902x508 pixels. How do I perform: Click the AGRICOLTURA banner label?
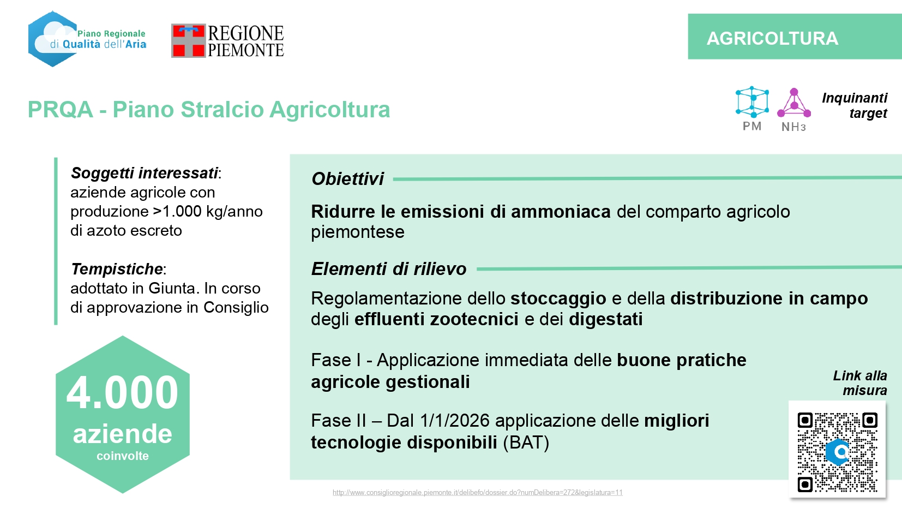point(772,39)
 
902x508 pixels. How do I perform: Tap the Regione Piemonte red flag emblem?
point(189,41)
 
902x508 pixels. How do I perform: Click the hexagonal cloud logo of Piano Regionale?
point(53,39)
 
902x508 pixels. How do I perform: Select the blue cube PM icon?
point(752,101)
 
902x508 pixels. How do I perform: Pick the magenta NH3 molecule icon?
point(793,103)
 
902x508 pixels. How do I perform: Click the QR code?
point(837,452)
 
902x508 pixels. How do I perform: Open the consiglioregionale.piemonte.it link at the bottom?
point(478,492)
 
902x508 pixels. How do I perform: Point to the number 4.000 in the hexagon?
point(122,392)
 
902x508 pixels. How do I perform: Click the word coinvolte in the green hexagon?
point(122,456)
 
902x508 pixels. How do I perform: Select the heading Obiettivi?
point(347,179)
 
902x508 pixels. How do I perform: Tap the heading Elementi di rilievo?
point(389,268)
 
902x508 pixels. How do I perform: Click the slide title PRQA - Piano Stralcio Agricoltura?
point(209,109)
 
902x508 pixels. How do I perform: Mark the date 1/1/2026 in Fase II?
point(455,421)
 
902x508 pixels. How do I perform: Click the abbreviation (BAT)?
point(526,443)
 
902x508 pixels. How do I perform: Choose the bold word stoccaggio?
point(558,298)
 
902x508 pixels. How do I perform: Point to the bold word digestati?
point(606,319)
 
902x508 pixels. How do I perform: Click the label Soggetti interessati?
point(145,173)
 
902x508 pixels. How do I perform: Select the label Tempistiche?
point(117,268)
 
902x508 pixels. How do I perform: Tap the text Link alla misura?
point(860,383)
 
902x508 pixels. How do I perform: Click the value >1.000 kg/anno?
point(208,211)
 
